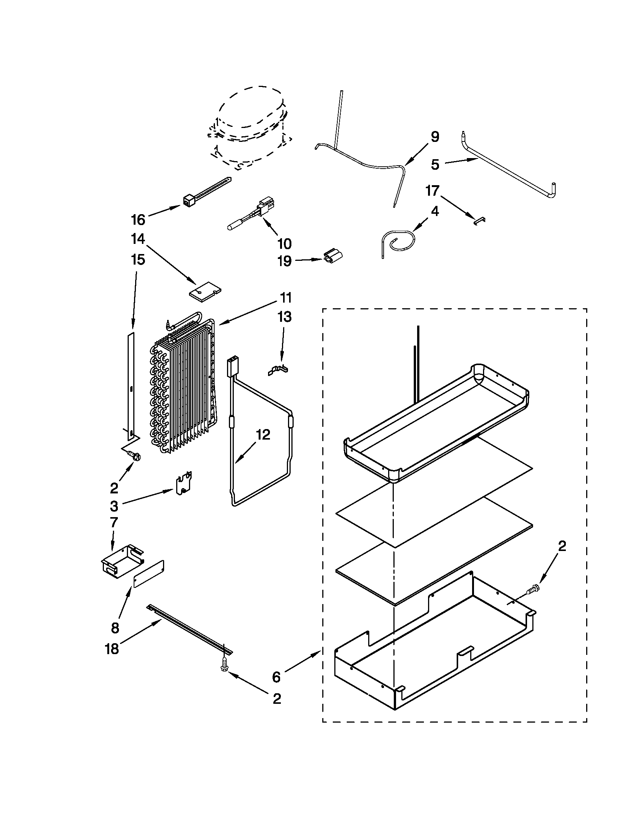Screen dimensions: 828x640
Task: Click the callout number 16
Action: pyautogui.click(x=138, y=219)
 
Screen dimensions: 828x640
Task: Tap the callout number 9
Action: pyautogui.click(x=435, y=137)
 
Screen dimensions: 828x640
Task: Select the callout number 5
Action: pyautogui.click(x=435, y=165)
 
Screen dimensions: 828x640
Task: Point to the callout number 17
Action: pyautogui.click(x=433, y=191)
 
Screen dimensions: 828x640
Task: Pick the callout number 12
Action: pyautogui.click(x=263, y=435)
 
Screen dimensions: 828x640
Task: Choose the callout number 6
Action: pyautogui.click(x=276, y=677)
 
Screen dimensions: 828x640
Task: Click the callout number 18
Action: pyautogui.click(x=112, y=650)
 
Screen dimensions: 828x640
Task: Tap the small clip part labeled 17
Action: pyautogui.click(x=480, y=220)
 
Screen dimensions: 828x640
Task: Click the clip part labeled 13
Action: pyautogui.click(x=279, y=370)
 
